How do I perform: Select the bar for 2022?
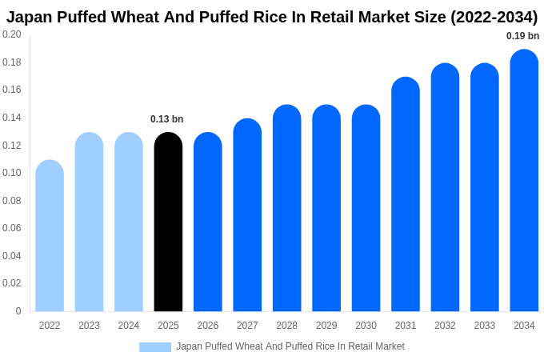click(50, 236)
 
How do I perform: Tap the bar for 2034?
click(524, 181)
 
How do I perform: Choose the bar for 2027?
click(247, 215)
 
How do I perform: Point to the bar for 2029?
click(326, 208)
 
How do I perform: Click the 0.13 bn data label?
click(167, 119)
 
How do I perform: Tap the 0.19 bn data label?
click(522, 36)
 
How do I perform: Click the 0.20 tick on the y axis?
click(12, 34)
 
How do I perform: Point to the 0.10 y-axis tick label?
click(12, 173)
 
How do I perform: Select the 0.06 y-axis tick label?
click(12, 228)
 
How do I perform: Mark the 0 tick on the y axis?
click(18, 311)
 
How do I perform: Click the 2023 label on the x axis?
click(89, 326)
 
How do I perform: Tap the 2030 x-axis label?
click(366, 326)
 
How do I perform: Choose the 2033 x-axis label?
click(484, 326)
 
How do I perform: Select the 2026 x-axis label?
click(208, 326)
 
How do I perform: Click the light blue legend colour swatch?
click(155, 346)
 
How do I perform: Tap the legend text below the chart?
click(290, 346)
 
